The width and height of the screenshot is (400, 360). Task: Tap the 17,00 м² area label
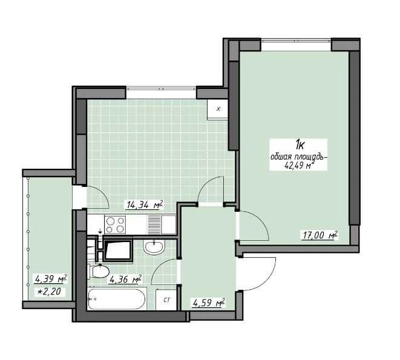[320, 235]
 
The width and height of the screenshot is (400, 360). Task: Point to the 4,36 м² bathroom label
[125, 280]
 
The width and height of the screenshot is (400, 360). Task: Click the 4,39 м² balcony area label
[51, 278]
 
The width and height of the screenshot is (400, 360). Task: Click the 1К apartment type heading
[300, 145]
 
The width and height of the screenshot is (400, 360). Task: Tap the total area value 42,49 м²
[299, 165]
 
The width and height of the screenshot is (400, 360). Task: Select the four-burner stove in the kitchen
[115, 224]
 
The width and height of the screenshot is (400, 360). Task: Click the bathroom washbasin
[153, 247]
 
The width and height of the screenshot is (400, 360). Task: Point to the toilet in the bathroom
[99, 272]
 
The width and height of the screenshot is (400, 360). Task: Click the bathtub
[117, 299]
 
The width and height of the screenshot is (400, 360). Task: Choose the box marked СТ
[166, 299]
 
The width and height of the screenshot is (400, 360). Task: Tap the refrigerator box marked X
[218, 109]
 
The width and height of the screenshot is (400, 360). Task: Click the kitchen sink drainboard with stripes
[154, 224]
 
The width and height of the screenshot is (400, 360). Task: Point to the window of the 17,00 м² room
[296, 41]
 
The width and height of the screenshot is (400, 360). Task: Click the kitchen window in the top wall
[161, 89]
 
